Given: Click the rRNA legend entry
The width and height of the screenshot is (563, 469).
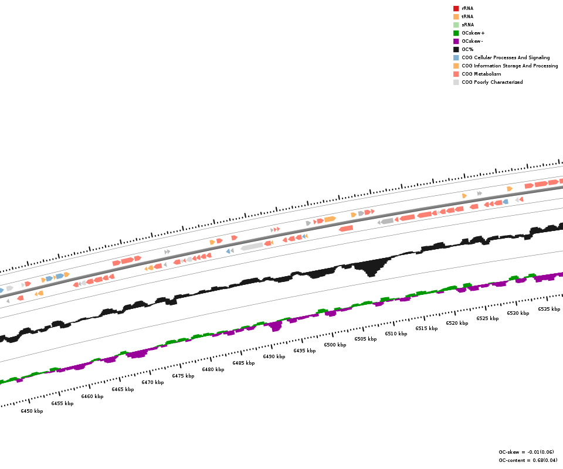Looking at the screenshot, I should [x=467, y=8].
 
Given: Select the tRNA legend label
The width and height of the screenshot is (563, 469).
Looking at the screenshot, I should [x=467, y=16].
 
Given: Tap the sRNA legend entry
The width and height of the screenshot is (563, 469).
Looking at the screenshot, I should [x=467, y=25].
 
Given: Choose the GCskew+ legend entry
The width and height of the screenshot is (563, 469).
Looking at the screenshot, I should [x=473, y=33].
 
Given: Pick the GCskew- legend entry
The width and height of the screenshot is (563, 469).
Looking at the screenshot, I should [x=472, y=41].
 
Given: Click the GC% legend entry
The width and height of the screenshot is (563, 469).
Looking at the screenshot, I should [x=467, y=49].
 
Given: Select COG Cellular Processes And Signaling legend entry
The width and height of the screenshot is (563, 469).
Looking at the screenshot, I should [x=506, y=57].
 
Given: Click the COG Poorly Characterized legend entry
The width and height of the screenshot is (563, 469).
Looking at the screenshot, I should [x=492, y=82].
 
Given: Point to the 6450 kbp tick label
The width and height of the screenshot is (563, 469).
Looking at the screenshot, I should [x=32, y=411].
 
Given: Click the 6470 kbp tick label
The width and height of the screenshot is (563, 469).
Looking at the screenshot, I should [x=152, y=382].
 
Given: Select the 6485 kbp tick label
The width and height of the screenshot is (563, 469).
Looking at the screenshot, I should [x=243, y=363].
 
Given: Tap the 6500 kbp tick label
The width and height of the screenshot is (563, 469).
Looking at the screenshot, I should [x=335, y=345].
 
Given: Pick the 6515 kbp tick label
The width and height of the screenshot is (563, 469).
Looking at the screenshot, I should [x=426, y=328].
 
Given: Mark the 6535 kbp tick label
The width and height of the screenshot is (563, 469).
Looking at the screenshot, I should [x=549, y=309].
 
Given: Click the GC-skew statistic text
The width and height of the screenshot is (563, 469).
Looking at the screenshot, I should [x=526, y=452].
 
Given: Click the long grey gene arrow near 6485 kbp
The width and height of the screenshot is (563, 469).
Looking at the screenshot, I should [x=252, y=247].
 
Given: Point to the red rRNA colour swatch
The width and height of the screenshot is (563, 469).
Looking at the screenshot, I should [x=456, y=8].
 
